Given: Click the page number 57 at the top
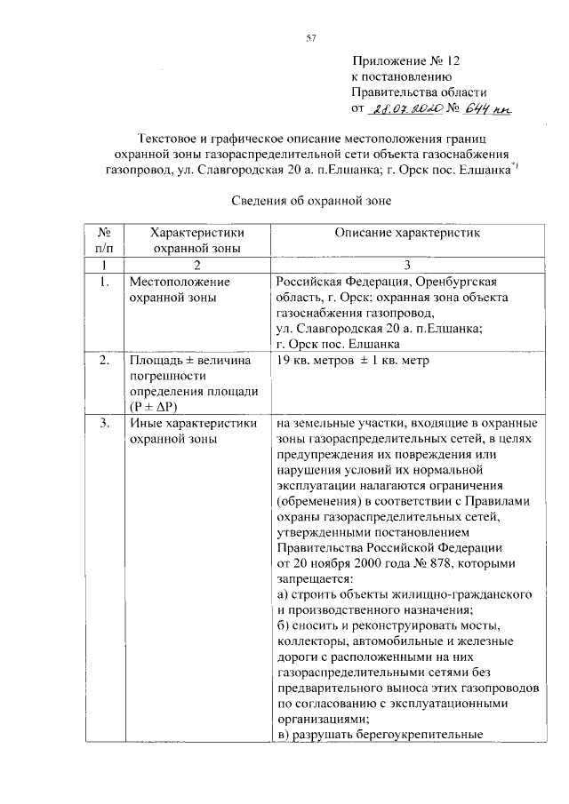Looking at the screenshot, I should (311, 36).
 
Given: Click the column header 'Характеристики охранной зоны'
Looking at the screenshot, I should (196, 239).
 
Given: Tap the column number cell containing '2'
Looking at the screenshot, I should (196, 265).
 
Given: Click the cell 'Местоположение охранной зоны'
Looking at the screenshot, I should (180, 290).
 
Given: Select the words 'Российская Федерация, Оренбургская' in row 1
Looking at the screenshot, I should (383, 282).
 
